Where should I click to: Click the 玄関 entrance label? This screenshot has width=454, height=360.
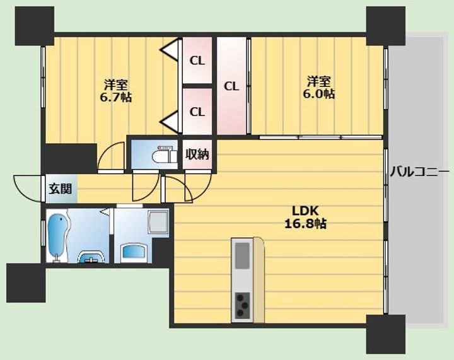[x=60, y=189]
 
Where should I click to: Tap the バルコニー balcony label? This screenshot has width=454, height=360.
[x=419, y=172]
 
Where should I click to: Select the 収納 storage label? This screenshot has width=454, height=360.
[x=197, y=154]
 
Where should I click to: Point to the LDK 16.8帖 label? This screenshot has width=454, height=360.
[x=305, y=217]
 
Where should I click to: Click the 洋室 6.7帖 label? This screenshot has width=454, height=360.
[x=116, y=90]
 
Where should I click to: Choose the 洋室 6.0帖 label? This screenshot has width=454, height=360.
[x=319, y=87]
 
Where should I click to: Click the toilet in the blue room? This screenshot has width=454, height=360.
[x=164, y=156]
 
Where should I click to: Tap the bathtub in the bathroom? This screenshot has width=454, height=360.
[x=58, y=237]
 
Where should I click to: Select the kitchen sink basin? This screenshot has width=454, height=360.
[x=242, y=255]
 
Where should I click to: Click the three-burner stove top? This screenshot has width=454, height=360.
[x=243, y=305]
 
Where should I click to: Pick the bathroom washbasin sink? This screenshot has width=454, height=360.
[x=91, y=257]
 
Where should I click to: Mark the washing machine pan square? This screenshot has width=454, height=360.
[x=158, y=222]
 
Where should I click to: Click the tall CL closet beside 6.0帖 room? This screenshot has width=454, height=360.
[x=231, y=86]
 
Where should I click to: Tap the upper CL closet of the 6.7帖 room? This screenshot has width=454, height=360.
[x=197, y=60]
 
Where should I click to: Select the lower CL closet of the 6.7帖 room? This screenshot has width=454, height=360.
[x=197, y=112]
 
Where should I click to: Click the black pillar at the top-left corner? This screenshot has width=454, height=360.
[x=35, y=26]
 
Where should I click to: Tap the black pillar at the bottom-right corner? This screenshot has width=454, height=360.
[x=386, y=334]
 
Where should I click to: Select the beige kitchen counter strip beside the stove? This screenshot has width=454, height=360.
[x=259, y=280]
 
